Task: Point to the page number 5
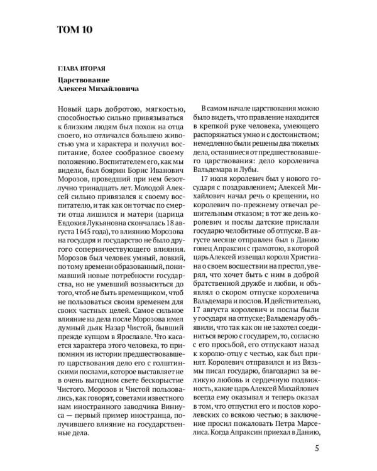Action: click(317, 448)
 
